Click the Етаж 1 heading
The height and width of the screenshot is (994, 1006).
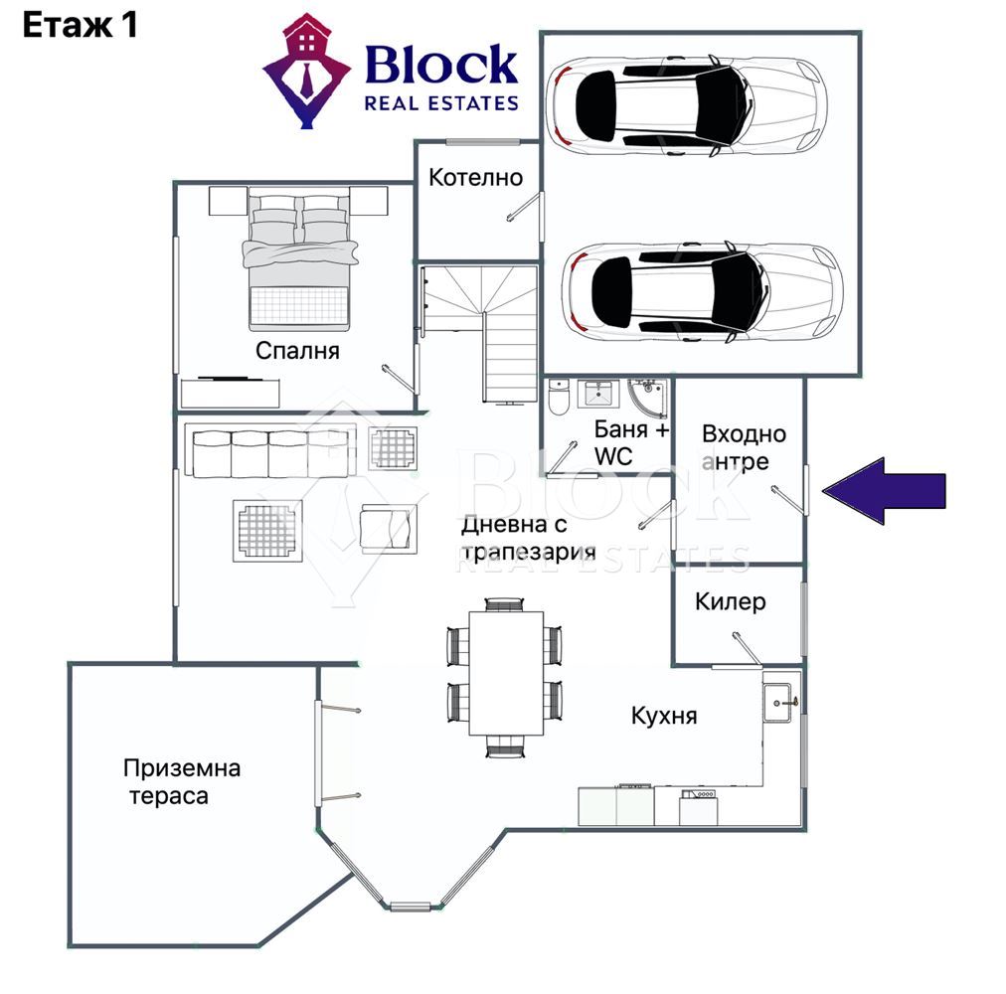81,26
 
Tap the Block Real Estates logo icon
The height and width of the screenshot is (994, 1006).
307,71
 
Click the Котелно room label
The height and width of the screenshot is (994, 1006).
475,177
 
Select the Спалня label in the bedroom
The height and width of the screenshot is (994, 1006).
297,350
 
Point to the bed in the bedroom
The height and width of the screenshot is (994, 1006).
299,258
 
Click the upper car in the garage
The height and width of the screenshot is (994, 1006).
686,104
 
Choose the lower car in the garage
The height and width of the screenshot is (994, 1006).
702,292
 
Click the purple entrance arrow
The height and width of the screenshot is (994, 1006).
884,492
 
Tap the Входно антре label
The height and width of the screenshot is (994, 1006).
743,447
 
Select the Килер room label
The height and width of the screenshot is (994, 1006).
730,602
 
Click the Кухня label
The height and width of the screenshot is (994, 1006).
664,716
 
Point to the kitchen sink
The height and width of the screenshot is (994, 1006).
780,703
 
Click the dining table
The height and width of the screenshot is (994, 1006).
506,673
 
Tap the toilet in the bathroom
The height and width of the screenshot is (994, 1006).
559,397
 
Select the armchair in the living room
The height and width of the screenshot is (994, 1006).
388,529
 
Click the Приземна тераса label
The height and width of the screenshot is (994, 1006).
182,781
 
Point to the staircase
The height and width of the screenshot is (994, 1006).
478,334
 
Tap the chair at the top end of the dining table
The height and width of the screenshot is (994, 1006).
504,604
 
